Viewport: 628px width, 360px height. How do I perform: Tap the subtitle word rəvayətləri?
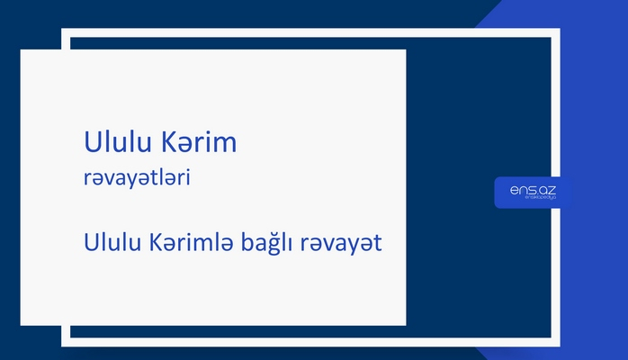(x=136, y=179)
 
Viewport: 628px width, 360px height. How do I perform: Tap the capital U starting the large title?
(x=91, y=143)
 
